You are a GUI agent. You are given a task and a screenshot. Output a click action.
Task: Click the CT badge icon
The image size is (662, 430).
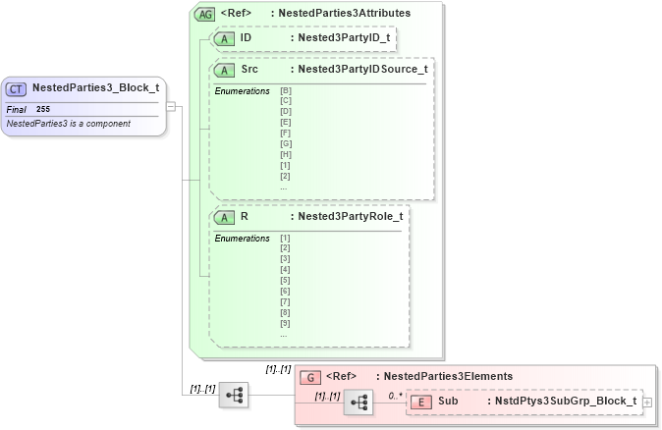(x=17, y=87)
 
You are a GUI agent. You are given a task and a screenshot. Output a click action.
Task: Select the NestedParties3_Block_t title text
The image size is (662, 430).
(x=95, y=87)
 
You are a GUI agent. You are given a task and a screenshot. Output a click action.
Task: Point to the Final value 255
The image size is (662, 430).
(x=43, y=109)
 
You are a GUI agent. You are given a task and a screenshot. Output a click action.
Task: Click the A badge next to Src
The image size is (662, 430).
(x=225, y=70)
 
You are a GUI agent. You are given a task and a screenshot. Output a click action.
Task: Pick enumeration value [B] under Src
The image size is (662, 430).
(x=285, y=91)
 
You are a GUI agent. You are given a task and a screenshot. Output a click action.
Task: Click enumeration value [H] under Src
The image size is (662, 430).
(x=285, y=154)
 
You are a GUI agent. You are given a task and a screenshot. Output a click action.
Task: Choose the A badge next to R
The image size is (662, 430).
(x=225, y=216)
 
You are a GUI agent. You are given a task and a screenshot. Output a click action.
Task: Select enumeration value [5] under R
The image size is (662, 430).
(x=285, y=280)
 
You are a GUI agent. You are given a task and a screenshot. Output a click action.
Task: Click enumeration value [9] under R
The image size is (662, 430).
(x=285, y=323)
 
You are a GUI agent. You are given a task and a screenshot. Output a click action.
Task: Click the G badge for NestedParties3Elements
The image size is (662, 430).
(x=309, y=376)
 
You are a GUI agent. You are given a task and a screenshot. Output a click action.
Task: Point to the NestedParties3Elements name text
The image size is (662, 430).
(x=448, y=376)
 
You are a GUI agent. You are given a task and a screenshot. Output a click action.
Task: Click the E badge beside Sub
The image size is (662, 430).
(x=420, y=401)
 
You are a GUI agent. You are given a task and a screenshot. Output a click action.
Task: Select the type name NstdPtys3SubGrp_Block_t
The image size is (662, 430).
(x=565, y=401)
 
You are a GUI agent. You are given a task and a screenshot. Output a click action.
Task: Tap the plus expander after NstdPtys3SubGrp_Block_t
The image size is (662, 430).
(x=646, y=402)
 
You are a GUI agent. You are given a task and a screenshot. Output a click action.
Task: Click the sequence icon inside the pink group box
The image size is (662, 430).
(x=359, y=403)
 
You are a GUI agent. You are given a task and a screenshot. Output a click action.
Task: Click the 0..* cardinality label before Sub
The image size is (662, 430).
(x=395, y=395)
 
